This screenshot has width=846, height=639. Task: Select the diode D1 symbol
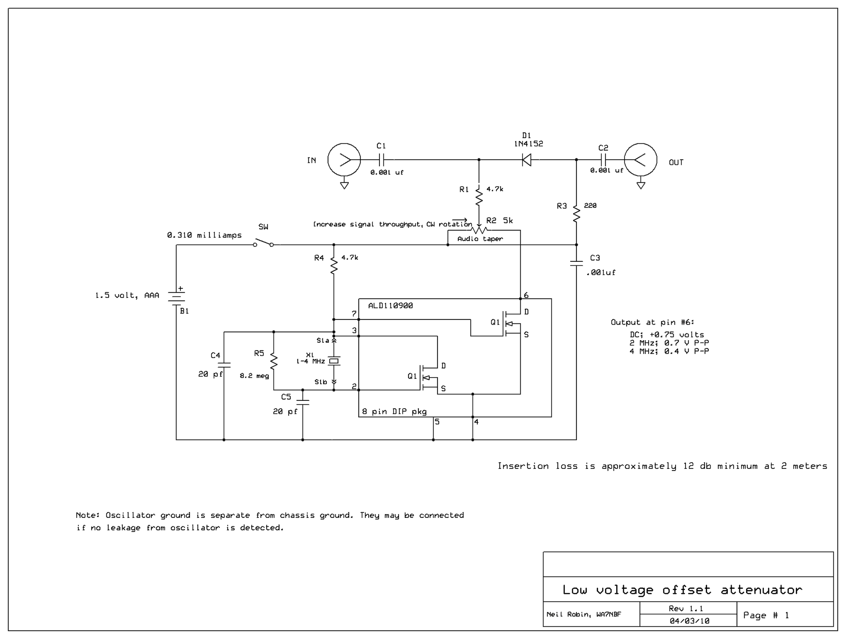526,160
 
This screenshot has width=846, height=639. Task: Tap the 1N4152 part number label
528,144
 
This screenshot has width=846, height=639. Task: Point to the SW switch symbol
263,242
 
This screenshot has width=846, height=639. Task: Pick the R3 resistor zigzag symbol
576,213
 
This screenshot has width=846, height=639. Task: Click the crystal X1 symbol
334,361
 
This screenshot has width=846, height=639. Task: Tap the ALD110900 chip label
390,306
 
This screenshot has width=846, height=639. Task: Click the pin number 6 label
526,295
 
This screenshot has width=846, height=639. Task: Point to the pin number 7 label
354,314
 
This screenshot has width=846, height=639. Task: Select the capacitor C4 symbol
224,365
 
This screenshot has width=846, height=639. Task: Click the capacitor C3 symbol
576,263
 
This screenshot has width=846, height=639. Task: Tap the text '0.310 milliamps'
204,235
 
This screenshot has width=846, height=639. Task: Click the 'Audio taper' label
480,239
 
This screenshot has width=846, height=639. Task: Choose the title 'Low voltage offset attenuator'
682,590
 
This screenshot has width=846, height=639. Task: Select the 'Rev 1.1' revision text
686,608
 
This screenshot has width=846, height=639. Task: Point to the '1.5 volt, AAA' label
127,295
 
